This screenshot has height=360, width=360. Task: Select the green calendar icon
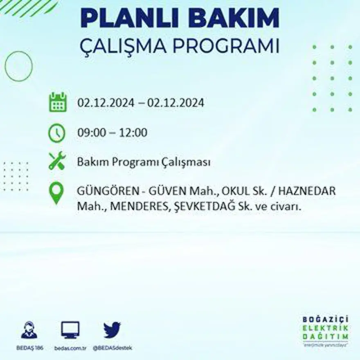tap(58, 102)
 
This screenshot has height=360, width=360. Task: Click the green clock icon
tap(57, 133)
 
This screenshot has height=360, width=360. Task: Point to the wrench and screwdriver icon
tap(57, 161)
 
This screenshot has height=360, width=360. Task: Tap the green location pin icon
tap(56, 193)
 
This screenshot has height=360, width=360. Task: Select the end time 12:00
tap(133, 133)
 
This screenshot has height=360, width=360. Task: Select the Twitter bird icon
tap(112, 330)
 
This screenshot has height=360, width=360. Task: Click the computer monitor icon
tap(70, 330)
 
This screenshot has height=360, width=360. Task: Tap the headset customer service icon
tap(29, 330)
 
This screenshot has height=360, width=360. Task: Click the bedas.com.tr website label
tap(70, 348)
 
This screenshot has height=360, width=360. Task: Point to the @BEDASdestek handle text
tap(112, 348)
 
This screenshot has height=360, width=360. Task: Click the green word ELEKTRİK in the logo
tap(326, 327)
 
